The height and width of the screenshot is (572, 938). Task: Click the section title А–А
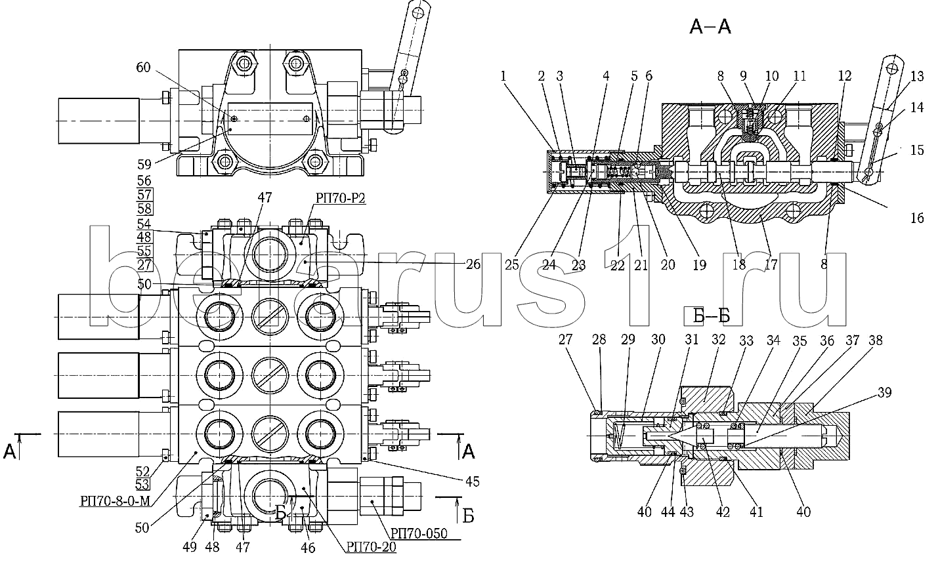710,27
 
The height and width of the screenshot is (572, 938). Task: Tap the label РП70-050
419,533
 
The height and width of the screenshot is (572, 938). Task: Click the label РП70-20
371,547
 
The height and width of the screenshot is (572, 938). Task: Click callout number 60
144,68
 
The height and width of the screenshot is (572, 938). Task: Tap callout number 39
884,392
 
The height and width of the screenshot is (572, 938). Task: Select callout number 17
771,265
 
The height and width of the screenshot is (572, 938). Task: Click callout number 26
472,264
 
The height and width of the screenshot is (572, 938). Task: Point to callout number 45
471,481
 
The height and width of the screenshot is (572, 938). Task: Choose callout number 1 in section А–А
503,76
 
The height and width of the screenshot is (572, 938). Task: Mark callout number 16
916,218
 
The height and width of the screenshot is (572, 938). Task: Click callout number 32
717,340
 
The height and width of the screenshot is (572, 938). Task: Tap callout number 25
511,265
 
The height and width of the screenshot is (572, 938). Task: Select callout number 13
916,76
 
